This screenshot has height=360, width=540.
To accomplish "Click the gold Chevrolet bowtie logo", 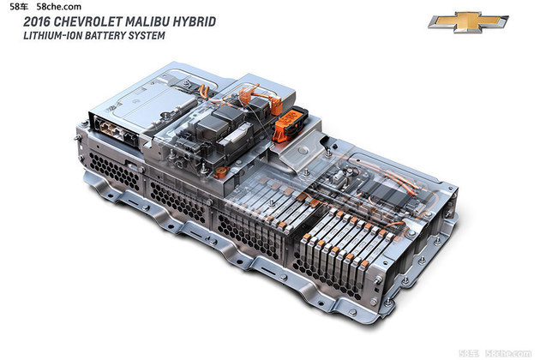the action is (468, 21).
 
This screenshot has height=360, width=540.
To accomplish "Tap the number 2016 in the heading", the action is (37, 21).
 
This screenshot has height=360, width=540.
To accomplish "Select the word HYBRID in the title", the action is (194, 21).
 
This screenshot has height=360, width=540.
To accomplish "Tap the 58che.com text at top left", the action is (59, 7).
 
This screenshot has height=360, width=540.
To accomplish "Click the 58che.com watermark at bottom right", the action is (508, 353).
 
